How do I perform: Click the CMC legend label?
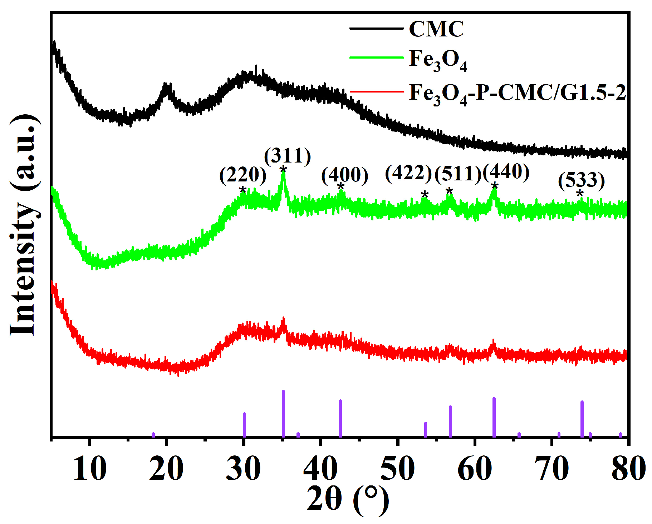[436, 29]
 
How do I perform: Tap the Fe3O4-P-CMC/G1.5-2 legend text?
[517, 94]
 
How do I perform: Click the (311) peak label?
[288, 156]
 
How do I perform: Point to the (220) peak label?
[243, 175]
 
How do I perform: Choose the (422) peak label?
[408, 173]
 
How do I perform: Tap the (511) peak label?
[458, 174]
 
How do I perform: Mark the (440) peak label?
[506, 171]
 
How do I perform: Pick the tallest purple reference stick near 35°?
[283, 413]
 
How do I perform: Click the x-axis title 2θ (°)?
[347, 499]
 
